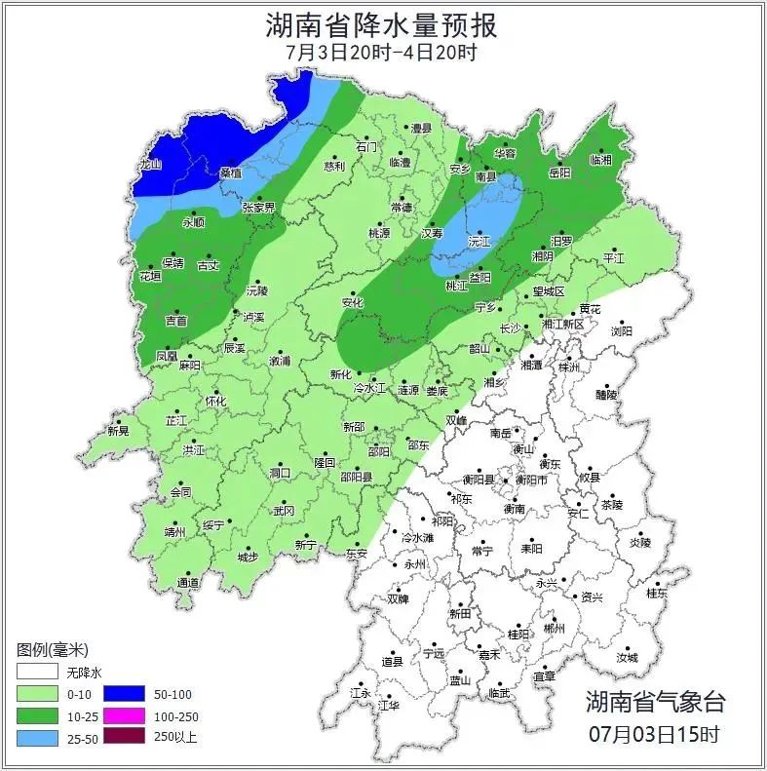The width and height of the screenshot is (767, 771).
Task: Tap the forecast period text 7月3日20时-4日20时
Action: click(382, 52)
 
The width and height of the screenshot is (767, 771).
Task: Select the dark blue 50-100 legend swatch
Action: click(130, 694)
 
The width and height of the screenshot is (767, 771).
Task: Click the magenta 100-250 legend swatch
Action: click(130, 715)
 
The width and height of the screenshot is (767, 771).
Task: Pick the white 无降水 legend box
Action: click(37, 673)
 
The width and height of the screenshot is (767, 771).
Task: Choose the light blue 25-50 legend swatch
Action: click(37, 737)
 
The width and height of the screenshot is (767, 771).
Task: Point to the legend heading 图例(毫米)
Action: click(54, 649)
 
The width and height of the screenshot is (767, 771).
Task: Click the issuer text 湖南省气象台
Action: click(655, 701)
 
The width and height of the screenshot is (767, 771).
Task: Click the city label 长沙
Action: click(511, 328)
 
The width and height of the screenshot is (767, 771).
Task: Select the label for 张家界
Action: click(259, 208)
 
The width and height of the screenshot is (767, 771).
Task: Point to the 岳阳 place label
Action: click(559, 173)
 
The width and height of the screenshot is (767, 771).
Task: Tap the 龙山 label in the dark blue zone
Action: click(149, 166)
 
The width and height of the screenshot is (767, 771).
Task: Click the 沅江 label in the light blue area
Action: click(479, 240)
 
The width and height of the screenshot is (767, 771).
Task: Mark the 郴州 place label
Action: click(554, 630)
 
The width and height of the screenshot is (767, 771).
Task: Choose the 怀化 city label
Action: click(215, 402)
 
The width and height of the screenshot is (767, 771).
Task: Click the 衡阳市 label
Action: click(531, 480)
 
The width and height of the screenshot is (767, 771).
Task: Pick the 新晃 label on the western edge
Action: click(118, 431)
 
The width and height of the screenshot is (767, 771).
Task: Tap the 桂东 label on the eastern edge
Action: click(657, 593)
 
